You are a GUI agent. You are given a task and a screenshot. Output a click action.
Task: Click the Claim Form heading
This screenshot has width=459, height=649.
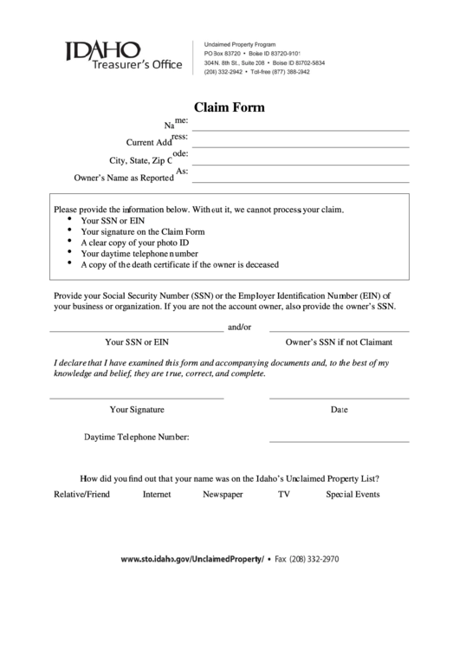coord(229,108)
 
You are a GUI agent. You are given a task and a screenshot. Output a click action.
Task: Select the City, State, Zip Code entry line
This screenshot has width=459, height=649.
coord(299,164)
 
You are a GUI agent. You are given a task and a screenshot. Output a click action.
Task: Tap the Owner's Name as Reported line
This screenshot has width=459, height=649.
coord(299,181)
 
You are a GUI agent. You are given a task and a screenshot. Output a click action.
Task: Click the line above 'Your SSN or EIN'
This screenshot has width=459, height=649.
coord(135,332)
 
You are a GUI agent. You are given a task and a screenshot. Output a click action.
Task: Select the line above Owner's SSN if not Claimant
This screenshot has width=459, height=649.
coord(339,332)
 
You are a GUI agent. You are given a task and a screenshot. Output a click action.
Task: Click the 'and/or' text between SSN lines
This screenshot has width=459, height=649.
coord(239,328)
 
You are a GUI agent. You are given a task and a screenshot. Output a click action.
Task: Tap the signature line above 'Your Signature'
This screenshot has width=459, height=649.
coord(136,398)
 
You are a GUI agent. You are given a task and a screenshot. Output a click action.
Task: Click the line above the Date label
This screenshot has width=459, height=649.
coord(339,398)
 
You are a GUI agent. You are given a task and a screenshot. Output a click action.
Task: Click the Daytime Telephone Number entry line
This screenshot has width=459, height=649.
coord(339,442)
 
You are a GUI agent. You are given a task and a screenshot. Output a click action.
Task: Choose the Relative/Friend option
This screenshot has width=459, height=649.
coord(81,495)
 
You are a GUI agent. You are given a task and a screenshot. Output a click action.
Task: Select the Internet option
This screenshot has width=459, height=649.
coord(157,495)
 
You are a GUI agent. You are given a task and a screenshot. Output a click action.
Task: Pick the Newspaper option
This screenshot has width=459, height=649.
coord(223,495)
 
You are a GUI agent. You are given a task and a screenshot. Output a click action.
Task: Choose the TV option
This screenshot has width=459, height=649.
coord(283,495)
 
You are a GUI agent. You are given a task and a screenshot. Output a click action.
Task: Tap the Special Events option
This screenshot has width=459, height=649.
coord(352,495)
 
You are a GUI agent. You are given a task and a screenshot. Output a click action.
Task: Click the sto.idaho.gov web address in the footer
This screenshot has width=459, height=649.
coord(192,560)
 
